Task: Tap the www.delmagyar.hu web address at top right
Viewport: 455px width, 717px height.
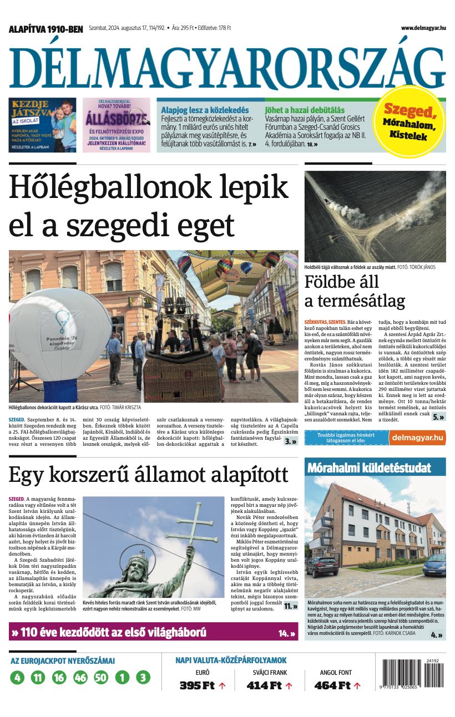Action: click(x=423, y=28)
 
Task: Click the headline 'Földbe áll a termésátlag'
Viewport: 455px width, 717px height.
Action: click(x=355, y=292)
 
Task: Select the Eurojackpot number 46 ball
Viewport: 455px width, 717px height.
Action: click(x=80, y=677)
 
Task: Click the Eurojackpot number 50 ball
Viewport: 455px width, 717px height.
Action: click(x=101, y=677)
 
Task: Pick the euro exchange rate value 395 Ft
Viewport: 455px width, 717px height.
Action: click(x=196, y=685)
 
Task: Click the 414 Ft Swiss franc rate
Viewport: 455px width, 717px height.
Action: click(x=264, y=685)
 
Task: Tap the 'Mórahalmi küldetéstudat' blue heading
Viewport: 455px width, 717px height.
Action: click(x=369, y=467)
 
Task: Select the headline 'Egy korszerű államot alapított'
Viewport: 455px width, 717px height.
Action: click(x=148, y=475)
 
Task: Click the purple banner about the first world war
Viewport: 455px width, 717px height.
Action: click(x=153, y=632)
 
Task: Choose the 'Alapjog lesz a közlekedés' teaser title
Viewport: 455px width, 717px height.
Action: click(x=205, y=110)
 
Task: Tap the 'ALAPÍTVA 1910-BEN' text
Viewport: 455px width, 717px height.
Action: click(x=46, y=29)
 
